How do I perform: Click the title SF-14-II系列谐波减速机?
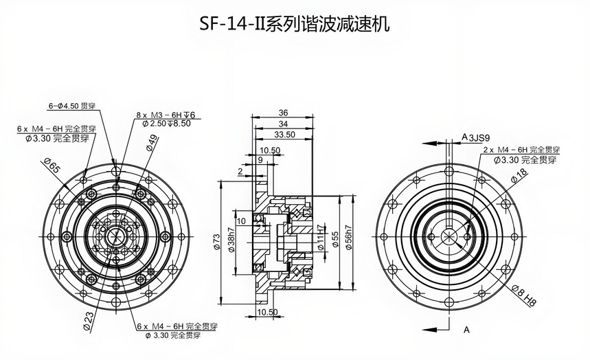coord(295,25)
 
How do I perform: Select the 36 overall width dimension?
coord(283,113)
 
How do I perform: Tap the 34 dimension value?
coord(283,124)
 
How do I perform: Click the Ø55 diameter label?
coord(334,238)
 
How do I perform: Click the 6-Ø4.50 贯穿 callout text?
coord(71,106)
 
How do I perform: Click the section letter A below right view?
coord(466,330)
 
